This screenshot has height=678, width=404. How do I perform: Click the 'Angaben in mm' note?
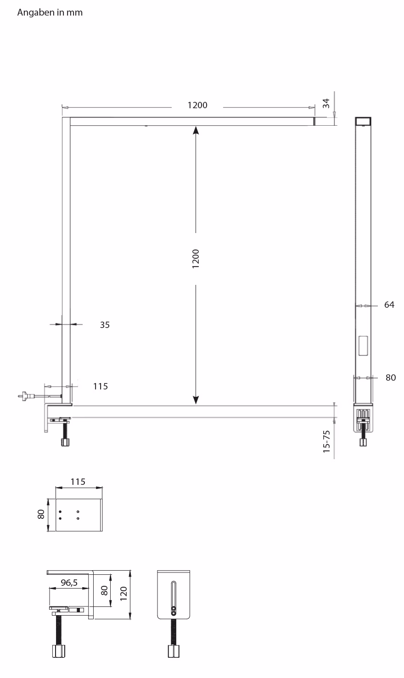coord(50,13)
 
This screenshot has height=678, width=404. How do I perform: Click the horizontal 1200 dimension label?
coord(197,105)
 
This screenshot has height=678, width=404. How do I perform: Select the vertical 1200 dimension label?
coord(196,259)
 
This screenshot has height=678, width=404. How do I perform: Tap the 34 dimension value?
coord(326,103)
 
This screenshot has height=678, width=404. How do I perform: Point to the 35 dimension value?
coord(105,325)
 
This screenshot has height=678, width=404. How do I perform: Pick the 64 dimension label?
coord(389,305)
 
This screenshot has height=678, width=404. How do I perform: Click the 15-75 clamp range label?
coord(326,442)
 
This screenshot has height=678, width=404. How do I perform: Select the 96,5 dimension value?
coord(69,582)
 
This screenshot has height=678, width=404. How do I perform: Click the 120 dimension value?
coord(123,594)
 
